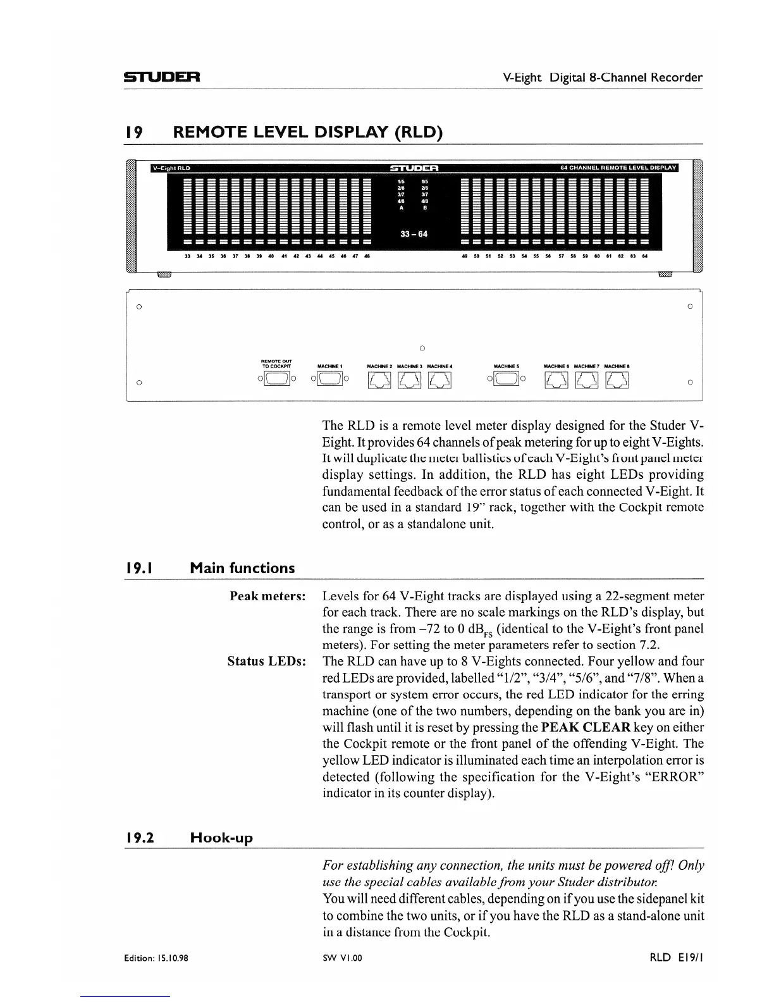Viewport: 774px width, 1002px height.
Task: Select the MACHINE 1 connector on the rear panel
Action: (329, 379)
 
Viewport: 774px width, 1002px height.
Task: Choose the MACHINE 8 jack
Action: (617, 380)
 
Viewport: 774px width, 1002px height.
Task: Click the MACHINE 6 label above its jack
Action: (556, 366)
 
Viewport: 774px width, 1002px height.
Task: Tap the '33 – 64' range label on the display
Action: (414, 234)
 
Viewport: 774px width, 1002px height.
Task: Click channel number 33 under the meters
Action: (187, 257)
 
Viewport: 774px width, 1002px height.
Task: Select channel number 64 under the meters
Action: (644, 257)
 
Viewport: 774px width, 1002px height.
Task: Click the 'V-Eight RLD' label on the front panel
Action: (170, 168)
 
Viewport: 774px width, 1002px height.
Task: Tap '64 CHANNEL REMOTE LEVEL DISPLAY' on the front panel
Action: (618, 168)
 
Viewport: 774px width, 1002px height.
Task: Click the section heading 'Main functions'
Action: (242, 568)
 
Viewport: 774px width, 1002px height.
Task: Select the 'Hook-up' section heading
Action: (221, 838)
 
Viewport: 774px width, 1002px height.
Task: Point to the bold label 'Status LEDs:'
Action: (267, 662)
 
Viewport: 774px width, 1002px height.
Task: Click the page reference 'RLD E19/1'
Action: (675, 958)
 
